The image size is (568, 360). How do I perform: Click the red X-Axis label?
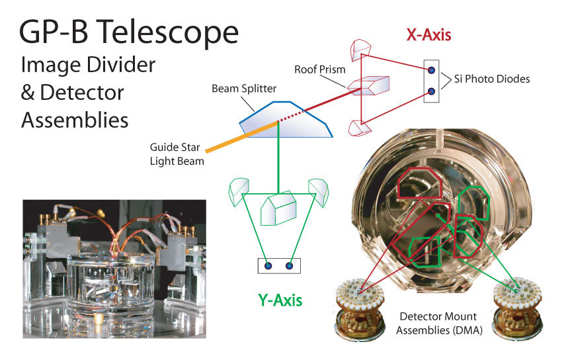coord(429,35)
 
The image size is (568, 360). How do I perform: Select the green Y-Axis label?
coord(280,300)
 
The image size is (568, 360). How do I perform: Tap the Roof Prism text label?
coord(320,69)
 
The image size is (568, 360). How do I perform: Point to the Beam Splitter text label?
coord(244,89)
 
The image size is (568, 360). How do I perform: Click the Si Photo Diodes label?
coord(492,79)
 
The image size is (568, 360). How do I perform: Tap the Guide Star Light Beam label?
coord(177,154)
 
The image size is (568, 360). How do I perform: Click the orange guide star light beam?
coord(241,137)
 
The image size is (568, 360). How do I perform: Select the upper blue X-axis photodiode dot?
coord(431,70)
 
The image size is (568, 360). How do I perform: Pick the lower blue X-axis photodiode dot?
coord(431,91)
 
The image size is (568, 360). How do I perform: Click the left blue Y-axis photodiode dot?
coord(268,266)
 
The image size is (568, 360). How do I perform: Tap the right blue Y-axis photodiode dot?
coord(289,266)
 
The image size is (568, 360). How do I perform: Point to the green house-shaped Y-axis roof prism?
coord(278,208)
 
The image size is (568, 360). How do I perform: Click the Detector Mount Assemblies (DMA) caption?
coord(438,324)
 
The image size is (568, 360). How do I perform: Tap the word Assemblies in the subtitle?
coord(75,120)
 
